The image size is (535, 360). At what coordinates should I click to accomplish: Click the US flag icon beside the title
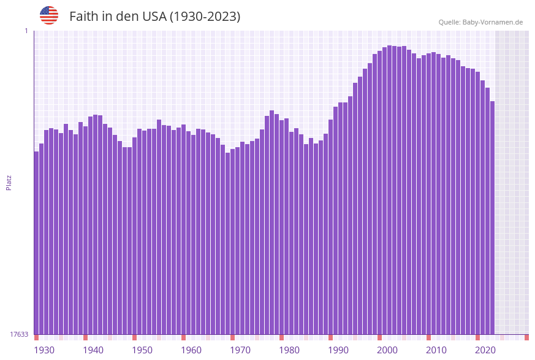[x=49, y=15]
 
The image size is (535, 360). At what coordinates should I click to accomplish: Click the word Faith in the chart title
[x=83, y=17]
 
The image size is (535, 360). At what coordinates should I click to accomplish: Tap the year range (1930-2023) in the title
[x=205, y=17]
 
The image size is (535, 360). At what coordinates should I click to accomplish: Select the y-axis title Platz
[x=9, y=182]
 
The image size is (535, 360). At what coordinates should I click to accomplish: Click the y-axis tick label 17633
[x=19, y=334]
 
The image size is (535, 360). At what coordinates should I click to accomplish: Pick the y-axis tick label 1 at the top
[x=26, y=31]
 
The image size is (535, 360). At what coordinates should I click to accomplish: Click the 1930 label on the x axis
[x=44, y=350]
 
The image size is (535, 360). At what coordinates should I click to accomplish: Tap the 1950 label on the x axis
[x=142, y=350]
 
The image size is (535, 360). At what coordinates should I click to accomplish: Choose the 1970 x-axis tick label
[x=240, y=350]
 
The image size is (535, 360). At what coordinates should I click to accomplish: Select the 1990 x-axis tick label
[x=338, y=350]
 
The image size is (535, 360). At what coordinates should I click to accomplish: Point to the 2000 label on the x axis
[x=387, y=350]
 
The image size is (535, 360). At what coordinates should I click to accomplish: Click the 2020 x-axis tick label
[x=485, y=350]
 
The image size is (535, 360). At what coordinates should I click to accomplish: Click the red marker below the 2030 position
[x=526, y=337]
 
